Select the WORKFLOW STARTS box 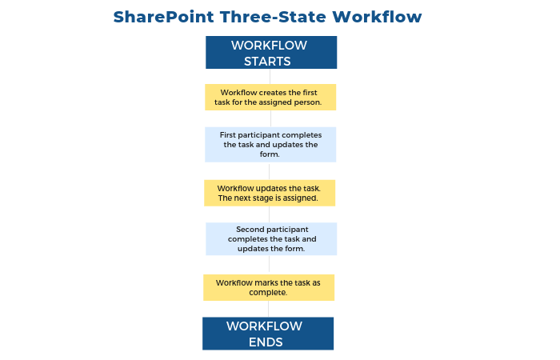tap(271, 53)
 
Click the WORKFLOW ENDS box tap(267, 334)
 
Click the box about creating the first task tap(270, 98)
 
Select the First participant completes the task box tap(270, 145)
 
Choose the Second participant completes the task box tap(271, 239)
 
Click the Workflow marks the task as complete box tap(269, 287)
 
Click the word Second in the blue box tap(250, 230)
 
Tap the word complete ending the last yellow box tap(268, 293)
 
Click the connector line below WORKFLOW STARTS tap(271, 76)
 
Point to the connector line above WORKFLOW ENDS tap(269, 309)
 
